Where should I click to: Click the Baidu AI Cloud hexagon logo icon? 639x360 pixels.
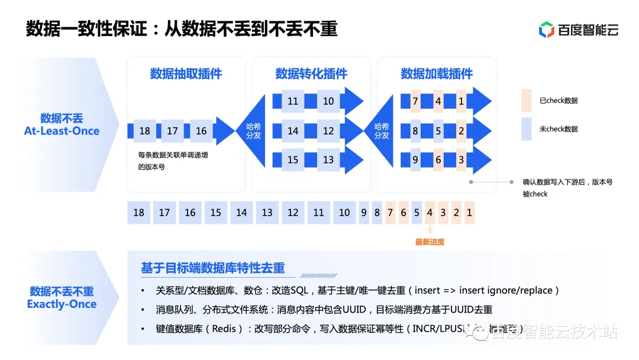(546, 30)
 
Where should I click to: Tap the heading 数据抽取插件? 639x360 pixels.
(186, 74)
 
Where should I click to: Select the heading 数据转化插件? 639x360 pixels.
(311, 74)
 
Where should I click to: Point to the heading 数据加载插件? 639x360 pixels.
(437, 74)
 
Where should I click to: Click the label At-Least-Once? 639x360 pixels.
(62, 131)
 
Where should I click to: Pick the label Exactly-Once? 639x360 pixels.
(62, 304)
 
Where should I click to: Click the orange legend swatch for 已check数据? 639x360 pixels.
(527, 101)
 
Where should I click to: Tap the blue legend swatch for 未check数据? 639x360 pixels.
(527, 129)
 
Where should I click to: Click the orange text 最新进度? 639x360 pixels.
(430, 242)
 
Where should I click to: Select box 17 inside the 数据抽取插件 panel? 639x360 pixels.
(172, 131)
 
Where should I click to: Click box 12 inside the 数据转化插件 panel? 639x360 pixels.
(328, 131)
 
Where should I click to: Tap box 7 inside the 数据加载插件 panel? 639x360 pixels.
(415, 101)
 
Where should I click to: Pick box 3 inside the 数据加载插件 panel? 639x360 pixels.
(461, 159)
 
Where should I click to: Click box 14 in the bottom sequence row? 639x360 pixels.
(241, 213)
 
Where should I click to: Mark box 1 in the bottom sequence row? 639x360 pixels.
(469, 213)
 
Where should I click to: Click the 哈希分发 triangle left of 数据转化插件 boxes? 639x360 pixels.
(256, 131)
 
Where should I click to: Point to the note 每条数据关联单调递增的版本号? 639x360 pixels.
(176, 160)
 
